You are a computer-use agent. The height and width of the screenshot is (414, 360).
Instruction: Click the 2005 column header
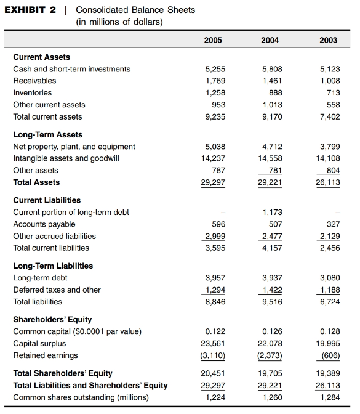(212, 40)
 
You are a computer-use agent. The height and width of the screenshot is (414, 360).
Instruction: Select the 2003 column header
(329, 40)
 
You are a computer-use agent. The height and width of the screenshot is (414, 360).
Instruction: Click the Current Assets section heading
(42, 57)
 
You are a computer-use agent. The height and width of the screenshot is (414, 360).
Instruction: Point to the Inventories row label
(33, 93)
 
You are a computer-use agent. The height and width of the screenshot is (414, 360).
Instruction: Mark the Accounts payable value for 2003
(332, 224)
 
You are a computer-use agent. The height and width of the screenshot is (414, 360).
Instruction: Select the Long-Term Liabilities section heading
(53, 266)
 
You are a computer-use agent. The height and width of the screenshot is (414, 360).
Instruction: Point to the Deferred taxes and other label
(57, 290)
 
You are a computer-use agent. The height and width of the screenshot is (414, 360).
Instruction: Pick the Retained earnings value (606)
(330, 355)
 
